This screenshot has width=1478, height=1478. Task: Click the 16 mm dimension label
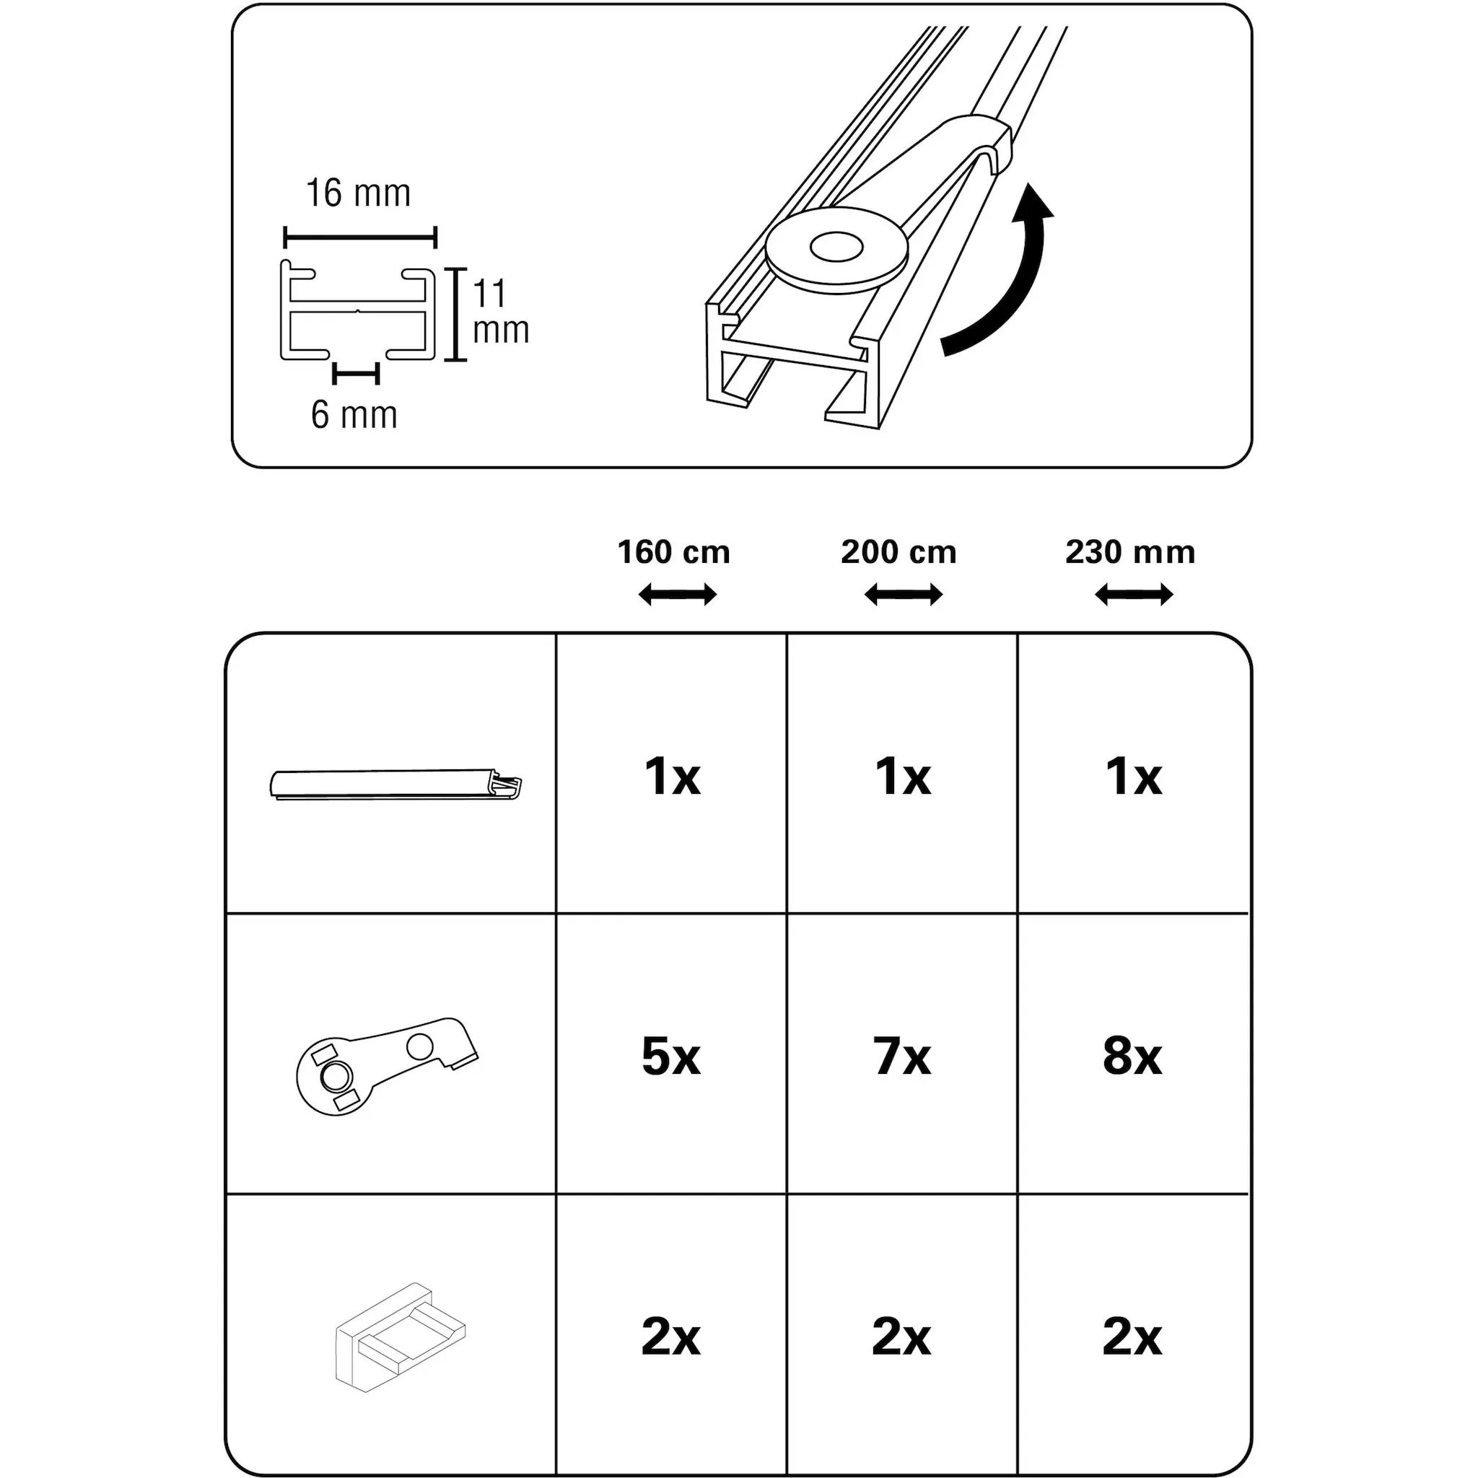[358, 193]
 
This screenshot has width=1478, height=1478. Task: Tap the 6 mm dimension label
[354, 416]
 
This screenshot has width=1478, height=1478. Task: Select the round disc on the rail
[836, 250]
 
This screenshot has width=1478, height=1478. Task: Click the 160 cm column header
[673, 552]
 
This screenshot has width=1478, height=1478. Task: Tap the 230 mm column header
[1130, 552]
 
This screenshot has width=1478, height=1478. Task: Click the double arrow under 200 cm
[903, 595]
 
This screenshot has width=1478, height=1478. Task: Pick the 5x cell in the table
[671, 1057]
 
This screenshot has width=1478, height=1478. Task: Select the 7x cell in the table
[902, 1057]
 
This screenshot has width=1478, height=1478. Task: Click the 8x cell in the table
[1132, 1057]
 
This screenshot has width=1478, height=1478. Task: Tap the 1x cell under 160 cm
[673, 777]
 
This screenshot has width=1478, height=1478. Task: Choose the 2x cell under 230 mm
[1132, 1337]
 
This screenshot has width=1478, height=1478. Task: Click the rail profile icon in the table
[395, 785]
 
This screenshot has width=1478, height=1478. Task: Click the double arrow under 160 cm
[677, 595]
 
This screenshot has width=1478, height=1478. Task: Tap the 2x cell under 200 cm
[901, 1337]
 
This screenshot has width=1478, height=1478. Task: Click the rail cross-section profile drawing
[358, 311]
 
